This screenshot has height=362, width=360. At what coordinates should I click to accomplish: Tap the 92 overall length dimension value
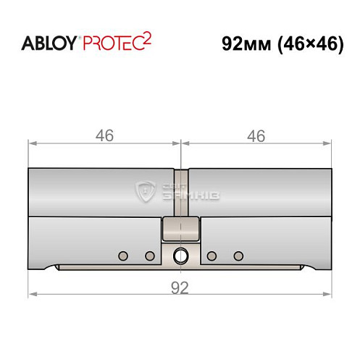point(180,287)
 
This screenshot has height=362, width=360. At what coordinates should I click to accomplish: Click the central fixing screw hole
point(180,255)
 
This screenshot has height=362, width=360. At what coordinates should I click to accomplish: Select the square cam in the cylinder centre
point(180,230)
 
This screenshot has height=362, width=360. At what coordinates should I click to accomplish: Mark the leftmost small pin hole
point(122,255)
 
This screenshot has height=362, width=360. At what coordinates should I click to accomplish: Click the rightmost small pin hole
point(238,255)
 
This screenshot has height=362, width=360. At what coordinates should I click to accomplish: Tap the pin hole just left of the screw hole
point(150,255)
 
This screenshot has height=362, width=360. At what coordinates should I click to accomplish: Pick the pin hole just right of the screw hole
point(211,255)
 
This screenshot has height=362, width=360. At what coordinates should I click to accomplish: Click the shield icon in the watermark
point(148,192)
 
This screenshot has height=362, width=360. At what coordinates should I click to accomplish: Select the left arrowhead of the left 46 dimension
point(32,143)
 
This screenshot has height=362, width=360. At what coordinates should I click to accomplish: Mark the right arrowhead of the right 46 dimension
point(330,143)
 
